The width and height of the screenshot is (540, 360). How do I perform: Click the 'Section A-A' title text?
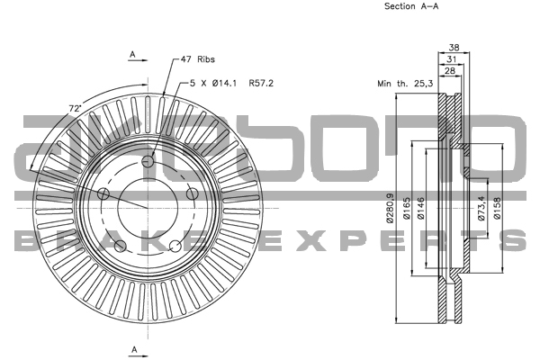pyautogui.click(x=413, y=6)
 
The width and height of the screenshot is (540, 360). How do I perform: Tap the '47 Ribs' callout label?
pyautogui.click(x=197, y=59)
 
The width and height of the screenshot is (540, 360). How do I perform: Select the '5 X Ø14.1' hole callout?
pyautogui.click(x=212, y=83)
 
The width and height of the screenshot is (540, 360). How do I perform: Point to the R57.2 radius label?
pyautogui.click(x=260, y=83)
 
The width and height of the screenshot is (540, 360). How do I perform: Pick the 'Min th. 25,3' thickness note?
pyautogui.click(x=404, y=83)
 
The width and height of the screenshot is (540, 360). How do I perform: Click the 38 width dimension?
pyautogui.click(x=454, y=49)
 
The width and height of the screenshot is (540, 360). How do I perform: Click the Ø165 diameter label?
pyautogui.click(x=407, y=209)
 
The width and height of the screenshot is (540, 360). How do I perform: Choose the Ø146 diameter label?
pyautogui.click(x=422, y=209)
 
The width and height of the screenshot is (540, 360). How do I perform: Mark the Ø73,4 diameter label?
pyautogui.click(x=481, y=208)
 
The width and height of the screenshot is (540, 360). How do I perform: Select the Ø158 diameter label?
pyautogui.click(x=496, y=209)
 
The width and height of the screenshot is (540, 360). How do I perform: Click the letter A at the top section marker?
pyautogui.click(x=132, y=55)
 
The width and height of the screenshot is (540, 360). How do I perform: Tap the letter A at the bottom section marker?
pyautogui.click(x=133, y=348)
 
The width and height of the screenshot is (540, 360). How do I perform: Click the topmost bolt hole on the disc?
pyautogui.click(x=148, y=161)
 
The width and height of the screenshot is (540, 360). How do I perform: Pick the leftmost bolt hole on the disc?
pyautogui.click(x=103, y=195)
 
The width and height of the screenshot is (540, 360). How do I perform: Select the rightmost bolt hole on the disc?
pyautogui.click(x=192, y=194)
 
